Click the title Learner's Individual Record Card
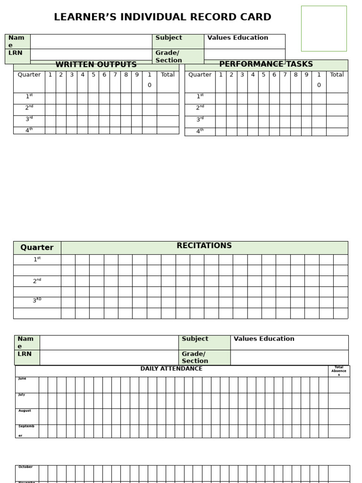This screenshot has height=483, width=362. [163, 17]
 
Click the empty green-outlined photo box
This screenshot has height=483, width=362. [324, 28]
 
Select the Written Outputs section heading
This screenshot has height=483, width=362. [96, 65]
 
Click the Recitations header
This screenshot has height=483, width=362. [204, 246]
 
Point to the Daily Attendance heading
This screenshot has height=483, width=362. [171, 369]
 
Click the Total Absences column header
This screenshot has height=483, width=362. [338, 371]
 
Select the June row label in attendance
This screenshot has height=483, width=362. [23, 379]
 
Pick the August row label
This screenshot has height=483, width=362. [25, 411]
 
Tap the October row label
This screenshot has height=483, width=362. [25, 467]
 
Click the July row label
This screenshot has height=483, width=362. [22, 395]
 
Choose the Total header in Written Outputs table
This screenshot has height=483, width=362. [168, 75]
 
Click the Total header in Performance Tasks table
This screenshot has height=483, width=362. [337, 75]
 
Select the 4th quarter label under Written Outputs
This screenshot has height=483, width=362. [29, 130]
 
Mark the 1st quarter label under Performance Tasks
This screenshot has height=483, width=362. [200, 97]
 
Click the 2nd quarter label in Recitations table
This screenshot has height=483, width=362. [37, 281]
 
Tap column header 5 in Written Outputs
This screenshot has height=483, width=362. [93, 75]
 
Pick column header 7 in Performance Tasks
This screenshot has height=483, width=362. [285, 75]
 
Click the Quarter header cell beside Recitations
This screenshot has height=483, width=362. [37, 248]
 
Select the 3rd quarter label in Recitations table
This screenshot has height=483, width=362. [37, 301]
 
